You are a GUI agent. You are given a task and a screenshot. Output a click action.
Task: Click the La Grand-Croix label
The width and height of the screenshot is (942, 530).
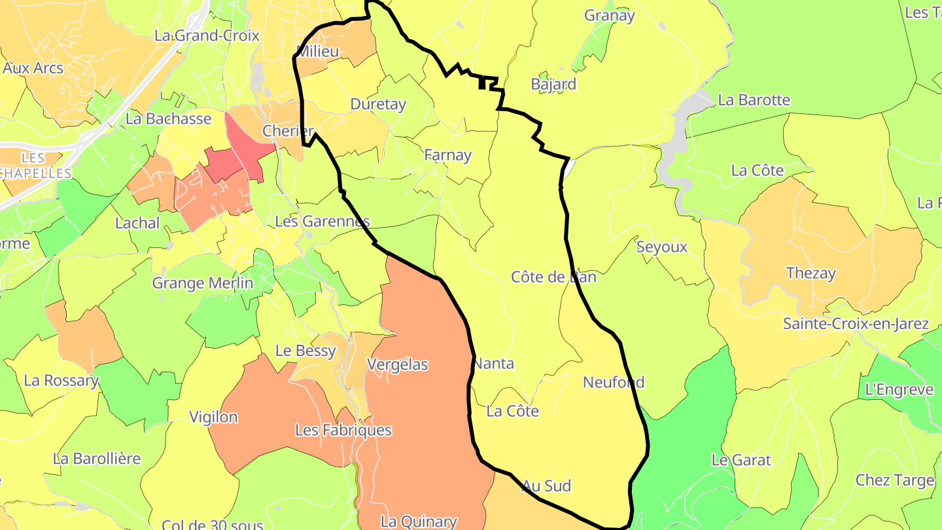pyautogui.click(x=207, y=35)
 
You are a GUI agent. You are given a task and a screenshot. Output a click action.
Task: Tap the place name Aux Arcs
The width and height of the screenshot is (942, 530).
pyautogui.click(x=33, y=67)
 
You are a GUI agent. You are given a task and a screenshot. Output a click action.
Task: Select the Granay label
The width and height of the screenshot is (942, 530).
pyautogui.click(x=609, y=16)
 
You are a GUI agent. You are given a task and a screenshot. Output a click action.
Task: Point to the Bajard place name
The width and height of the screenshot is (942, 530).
pyautogui.click(x=553, y=84)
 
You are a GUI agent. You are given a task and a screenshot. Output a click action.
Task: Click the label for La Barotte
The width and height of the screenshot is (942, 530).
pyautogui.click(x=754, y=100)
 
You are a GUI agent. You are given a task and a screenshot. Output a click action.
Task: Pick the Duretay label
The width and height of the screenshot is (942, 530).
pyautogui.click(x=378, y=104)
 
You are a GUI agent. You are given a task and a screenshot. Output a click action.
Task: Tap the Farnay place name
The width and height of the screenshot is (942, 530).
pyautogui.click(x=447, y=155)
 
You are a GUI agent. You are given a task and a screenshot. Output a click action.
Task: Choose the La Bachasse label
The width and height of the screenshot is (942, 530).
pyautogui.click(x=169, y=118)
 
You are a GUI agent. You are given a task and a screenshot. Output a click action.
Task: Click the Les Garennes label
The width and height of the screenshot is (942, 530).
pyautogui.click(x=322, y=221)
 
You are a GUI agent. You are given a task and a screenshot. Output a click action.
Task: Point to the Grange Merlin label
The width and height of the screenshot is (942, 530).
pyautogui.click(x=202, y=283)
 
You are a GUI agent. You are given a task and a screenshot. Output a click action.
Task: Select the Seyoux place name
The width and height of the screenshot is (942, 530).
pyautogui.click(x=662, y=247)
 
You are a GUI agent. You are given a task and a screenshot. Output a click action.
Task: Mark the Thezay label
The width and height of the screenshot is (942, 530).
pyautogui.click(x=811, y=273)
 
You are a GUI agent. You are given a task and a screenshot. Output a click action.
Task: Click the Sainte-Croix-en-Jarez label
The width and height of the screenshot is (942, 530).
pyautogui.click(x=856, y=324)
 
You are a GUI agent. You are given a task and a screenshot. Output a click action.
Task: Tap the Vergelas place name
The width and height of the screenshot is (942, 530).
pyautogui.click(x=398, y=364)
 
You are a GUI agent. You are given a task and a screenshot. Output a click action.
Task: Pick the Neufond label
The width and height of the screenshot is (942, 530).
pyautogui.click(x=614, y=382)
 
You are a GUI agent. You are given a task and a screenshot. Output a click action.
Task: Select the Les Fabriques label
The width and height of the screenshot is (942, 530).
pyautogui.click(x=343, y=430)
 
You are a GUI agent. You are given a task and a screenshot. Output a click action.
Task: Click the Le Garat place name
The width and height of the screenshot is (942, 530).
pyautogui.click(x=741, y=460)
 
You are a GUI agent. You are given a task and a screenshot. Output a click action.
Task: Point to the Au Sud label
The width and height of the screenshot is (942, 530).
pyautogui.click(x=546, y=486)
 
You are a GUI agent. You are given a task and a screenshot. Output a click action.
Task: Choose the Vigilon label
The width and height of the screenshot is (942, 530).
pyautogui.click(x=213, y=417)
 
